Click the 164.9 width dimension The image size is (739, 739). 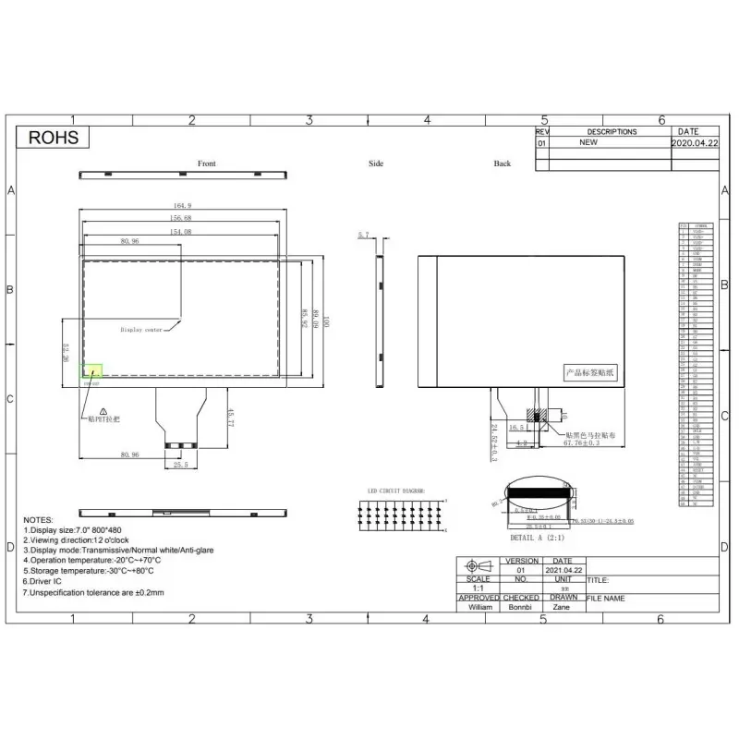(182, 205)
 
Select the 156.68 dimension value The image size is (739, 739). (182, 218)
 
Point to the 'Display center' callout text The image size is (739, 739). (141, 329)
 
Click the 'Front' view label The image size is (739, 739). (207, 164)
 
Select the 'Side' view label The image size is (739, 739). (376, 164)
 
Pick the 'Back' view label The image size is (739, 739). (502, 164)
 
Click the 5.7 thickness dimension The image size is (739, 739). (363, 236)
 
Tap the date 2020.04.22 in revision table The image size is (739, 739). (693, 143)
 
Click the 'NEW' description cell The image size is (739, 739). (588, 143)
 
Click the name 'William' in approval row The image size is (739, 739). (480, 607)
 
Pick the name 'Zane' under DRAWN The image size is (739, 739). (562, 607)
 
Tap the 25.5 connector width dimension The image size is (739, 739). (181, 465)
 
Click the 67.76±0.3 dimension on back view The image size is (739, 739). (582, 443)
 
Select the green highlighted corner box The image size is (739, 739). (92, 370)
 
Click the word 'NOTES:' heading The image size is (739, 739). (39, 520)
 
